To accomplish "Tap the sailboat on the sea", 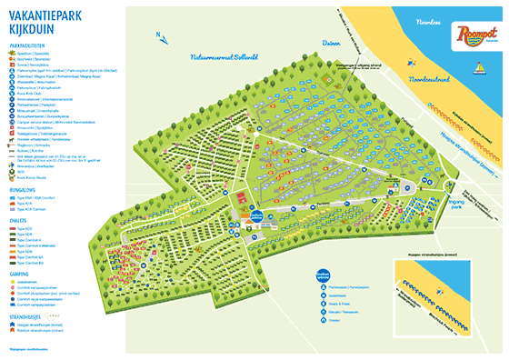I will click(x=477, y=66).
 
